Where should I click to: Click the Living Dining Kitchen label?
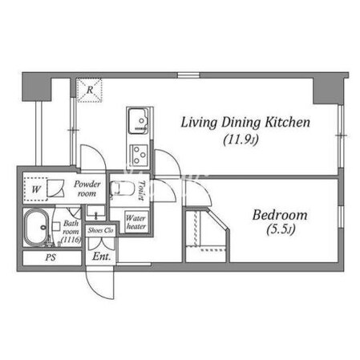(x=245, y=123)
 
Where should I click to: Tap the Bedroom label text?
(x=280, y=215)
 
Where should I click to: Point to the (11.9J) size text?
(x=241, y=140)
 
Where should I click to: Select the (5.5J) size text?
(x=281, y=229)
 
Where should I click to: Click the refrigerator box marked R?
(x=90, y=90)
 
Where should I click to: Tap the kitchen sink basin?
(x=138, y=121)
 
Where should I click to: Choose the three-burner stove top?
(x=139, y=154)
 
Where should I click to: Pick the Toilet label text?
(x=141, y=190)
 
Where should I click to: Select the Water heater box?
(x=136, y=222)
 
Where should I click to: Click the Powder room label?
(x=87, y=188)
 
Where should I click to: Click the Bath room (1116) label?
(x=71, y=232)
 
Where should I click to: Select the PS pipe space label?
(x=51, y=257)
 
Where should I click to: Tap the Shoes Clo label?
(x=100, y=230)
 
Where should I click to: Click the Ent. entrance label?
(x=102, y=257)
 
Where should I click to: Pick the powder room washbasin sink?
(x=95, y=212)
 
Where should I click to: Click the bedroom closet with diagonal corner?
(x=207, y=236)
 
